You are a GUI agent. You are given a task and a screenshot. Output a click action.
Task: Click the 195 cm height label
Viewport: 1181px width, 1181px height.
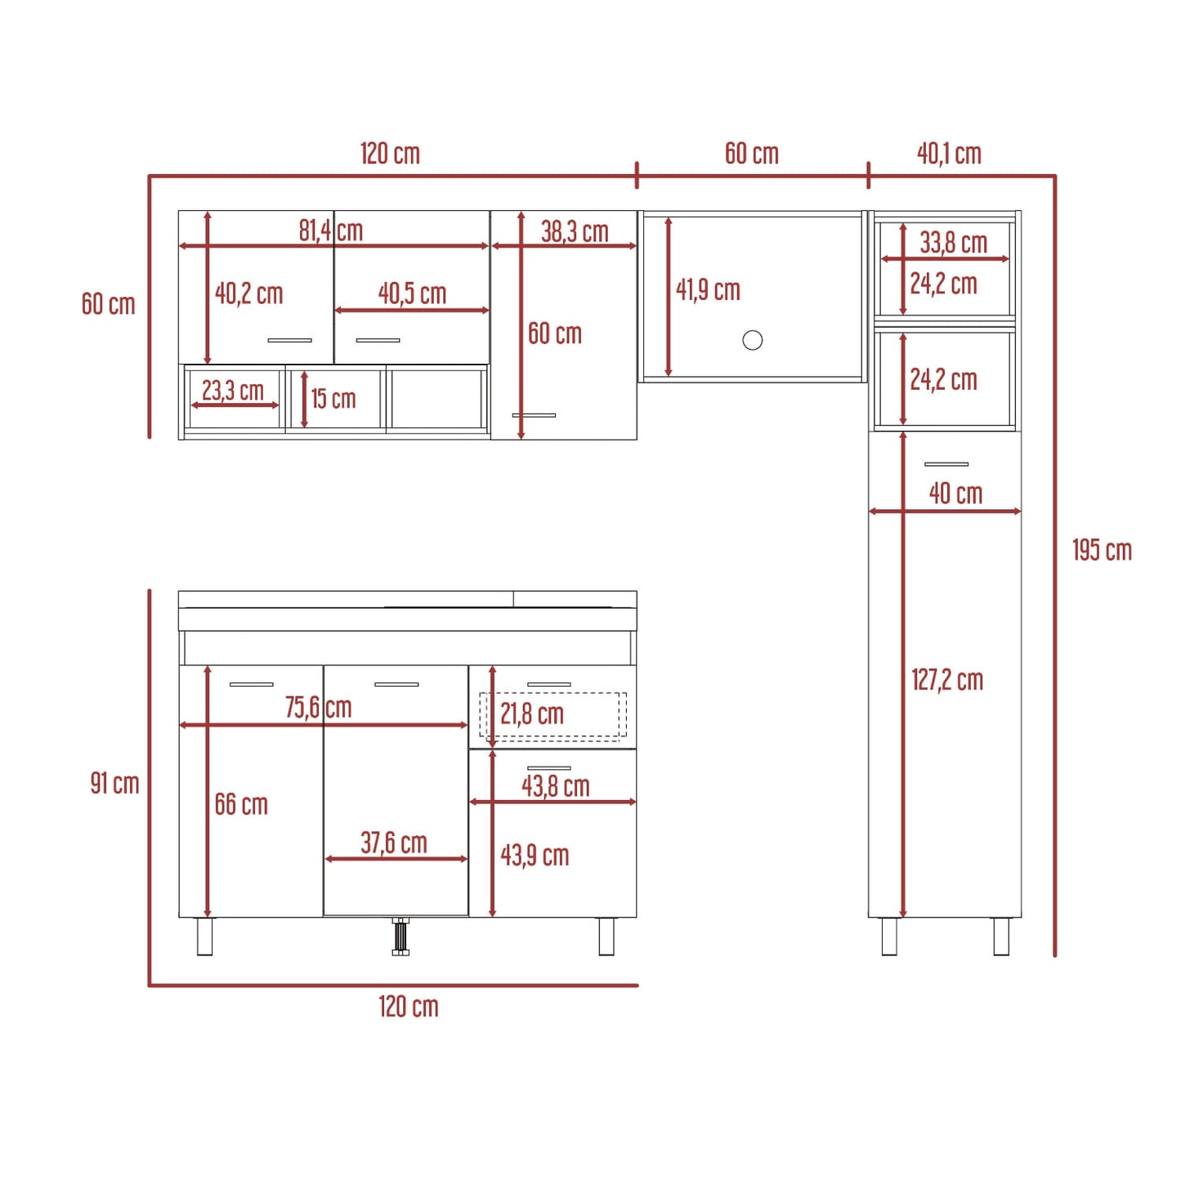click(x=1102, y=550)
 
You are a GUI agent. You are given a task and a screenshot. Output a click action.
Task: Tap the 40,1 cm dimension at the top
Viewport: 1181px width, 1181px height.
click(x=949, y=154)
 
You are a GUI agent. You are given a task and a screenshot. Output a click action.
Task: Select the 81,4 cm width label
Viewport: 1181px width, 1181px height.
click(x=331, y=230)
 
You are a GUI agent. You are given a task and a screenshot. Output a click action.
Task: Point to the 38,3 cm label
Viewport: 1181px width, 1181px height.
click(x=575, y=231)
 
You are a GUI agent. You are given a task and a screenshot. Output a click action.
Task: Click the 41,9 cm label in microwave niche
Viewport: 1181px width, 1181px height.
click(x=708, y=290)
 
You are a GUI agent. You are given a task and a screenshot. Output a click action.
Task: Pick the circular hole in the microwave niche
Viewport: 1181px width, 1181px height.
click(x=752, y=339)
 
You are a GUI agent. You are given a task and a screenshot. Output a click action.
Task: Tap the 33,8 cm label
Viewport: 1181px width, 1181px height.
click(x=954, y=243)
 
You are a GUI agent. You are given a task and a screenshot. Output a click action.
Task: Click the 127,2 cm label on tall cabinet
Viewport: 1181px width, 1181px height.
click(x=947, y=680)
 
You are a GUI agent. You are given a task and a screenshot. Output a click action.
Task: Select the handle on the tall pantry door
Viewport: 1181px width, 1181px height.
click(x=946, y=464)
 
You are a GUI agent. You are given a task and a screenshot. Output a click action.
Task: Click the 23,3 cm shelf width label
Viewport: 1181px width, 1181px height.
click(x=233, y=390)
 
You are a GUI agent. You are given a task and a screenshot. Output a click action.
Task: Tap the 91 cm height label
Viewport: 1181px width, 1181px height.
click(x=114, y=783)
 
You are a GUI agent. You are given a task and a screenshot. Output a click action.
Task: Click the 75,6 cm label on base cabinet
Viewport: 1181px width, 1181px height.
click(x=318, y=707)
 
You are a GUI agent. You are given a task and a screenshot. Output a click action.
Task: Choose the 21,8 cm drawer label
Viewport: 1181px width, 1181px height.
click(x=532, y=714)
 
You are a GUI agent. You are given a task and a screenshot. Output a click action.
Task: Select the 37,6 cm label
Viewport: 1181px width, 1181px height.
click(x=393, y=843)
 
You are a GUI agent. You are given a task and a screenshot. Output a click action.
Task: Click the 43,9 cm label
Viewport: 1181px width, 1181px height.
click(x=535, y=855)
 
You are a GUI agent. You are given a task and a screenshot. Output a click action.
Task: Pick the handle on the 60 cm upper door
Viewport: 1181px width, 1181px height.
click(x=533, y=415)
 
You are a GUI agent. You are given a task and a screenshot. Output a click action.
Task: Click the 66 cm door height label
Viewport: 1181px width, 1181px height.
click(x=241, y=804)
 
